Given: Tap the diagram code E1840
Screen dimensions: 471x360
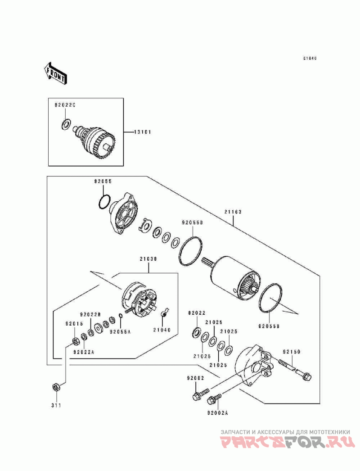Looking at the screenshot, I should (310, 58).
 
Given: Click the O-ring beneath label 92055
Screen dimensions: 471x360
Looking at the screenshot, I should (104, 202).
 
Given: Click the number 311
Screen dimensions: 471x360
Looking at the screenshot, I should (56, 405).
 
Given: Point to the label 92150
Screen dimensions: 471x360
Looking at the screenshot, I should (291, 351).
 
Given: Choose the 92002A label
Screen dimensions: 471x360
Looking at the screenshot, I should (218, 412).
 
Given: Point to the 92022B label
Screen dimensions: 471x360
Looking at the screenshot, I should (90, 314).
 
